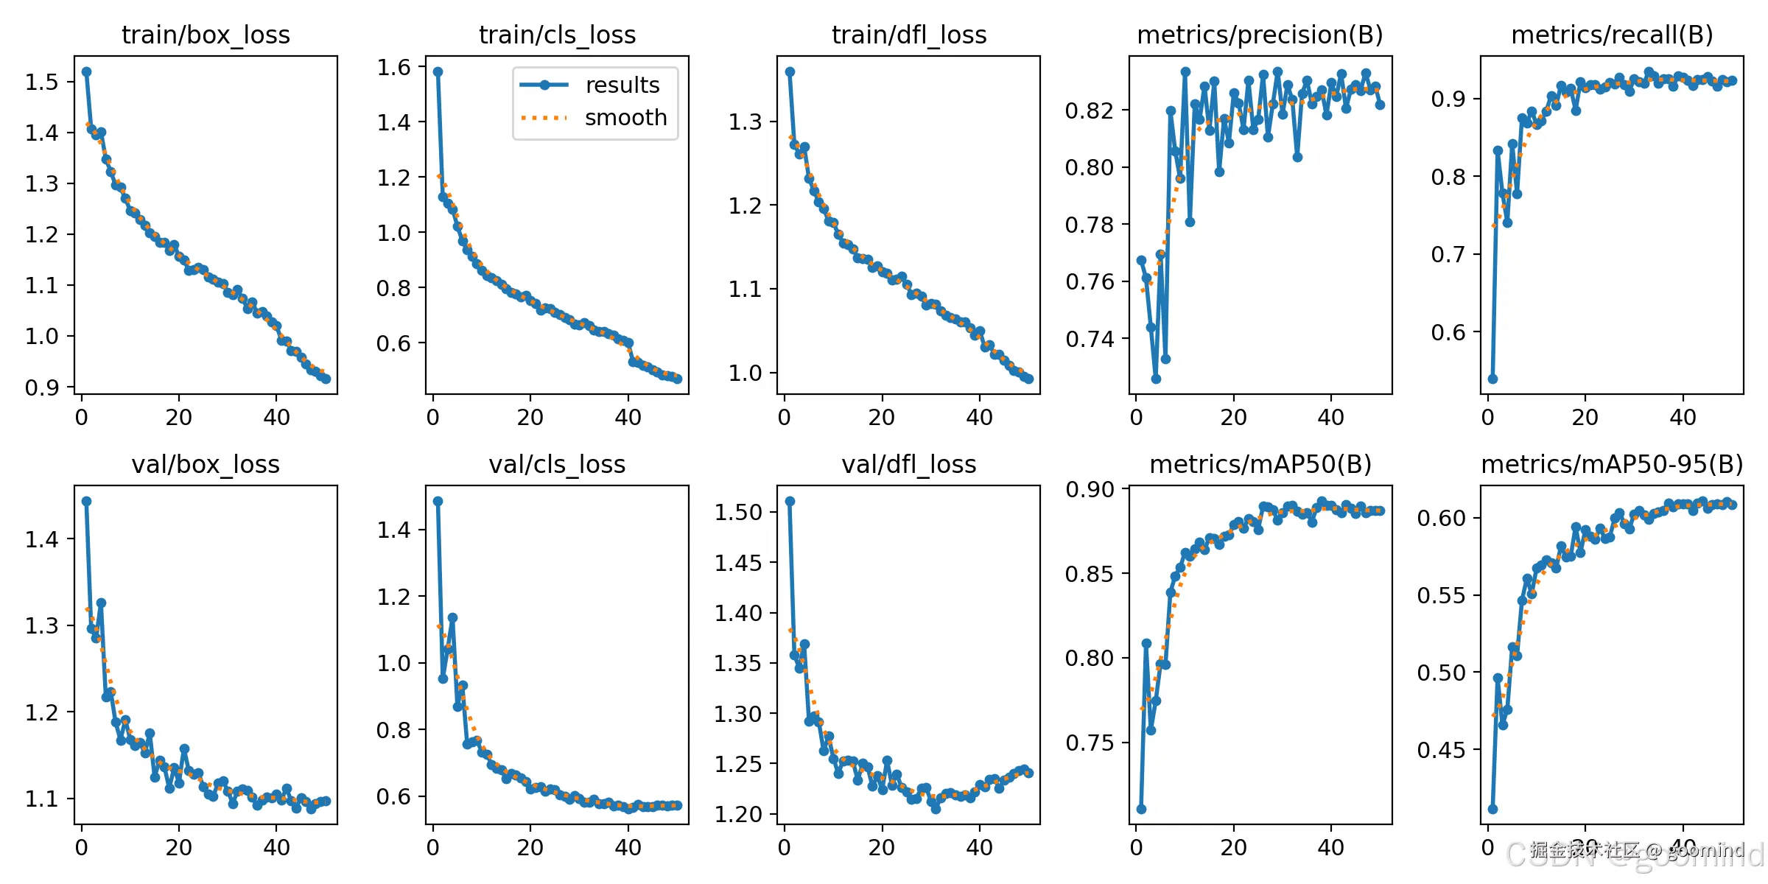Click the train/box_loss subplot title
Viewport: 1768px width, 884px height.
(x=206, y=35)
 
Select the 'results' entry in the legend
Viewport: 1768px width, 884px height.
(x=622, y=85)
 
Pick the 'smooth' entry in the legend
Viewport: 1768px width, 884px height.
(x=625, y=118)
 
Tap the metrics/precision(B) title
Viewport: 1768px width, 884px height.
(x=1260, y=35)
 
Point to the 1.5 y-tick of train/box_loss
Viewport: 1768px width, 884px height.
(x=41, y=82)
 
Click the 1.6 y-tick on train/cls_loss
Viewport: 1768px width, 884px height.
(x=393, y=68)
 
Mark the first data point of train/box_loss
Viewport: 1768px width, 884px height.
(x=86, y=71)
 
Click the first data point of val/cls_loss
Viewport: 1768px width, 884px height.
(x=438, y=501)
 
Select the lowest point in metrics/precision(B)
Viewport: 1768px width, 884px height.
(x=1156, y=379)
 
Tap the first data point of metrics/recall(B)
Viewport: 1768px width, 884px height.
(x=1492, y=379)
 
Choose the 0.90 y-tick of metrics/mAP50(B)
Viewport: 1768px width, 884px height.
(x=1090, y=489)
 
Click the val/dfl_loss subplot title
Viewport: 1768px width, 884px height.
(x=908, y=465)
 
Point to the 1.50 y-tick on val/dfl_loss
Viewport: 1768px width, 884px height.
(x=737, y=512)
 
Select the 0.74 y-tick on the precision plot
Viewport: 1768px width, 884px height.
(x=1090, y=339)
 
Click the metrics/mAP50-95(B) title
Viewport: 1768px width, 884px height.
(x=1612, y=465)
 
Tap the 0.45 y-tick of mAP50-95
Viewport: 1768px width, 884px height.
(x=1441, y=750)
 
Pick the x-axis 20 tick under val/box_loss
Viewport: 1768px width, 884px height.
(x=179, y=848)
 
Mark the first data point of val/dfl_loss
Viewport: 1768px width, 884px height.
(x=790, y=501)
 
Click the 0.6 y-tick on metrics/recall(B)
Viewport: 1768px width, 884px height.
(x=1448, y=332)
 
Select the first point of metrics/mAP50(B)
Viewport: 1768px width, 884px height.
(x=1141, y=809)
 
